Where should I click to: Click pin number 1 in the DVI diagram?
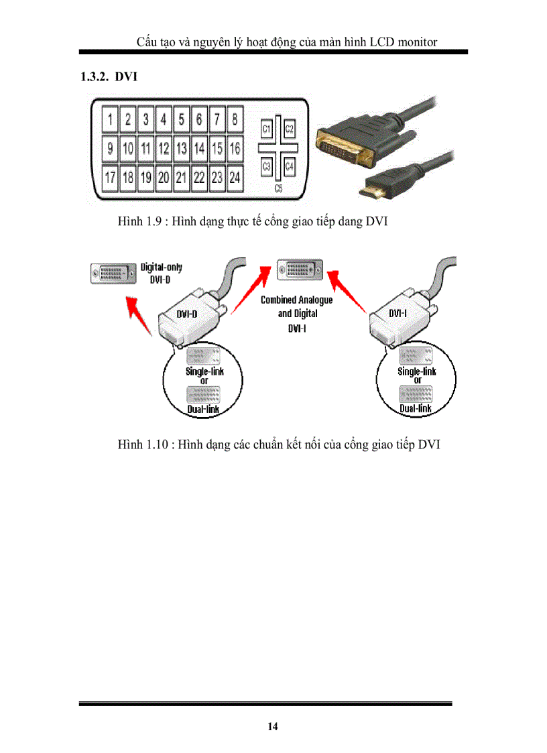tap(109, 120)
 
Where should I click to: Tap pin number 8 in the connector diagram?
tap(235, 120)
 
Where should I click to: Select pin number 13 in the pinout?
tap(181, 148)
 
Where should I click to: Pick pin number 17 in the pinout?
tap(109, 178)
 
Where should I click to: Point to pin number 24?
tap(235, 178)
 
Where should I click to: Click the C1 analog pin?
tap(266, 128)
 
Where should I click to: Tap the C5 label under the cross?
tap(278, 190)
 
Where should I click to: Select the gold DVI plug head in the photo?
tap(343, 148)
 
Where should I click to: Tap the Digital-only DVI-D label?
tap(161, 272)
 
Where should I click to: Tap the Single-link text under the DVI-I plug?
tap(417, 371)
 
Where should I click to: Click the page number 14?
tap(273, 727)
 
